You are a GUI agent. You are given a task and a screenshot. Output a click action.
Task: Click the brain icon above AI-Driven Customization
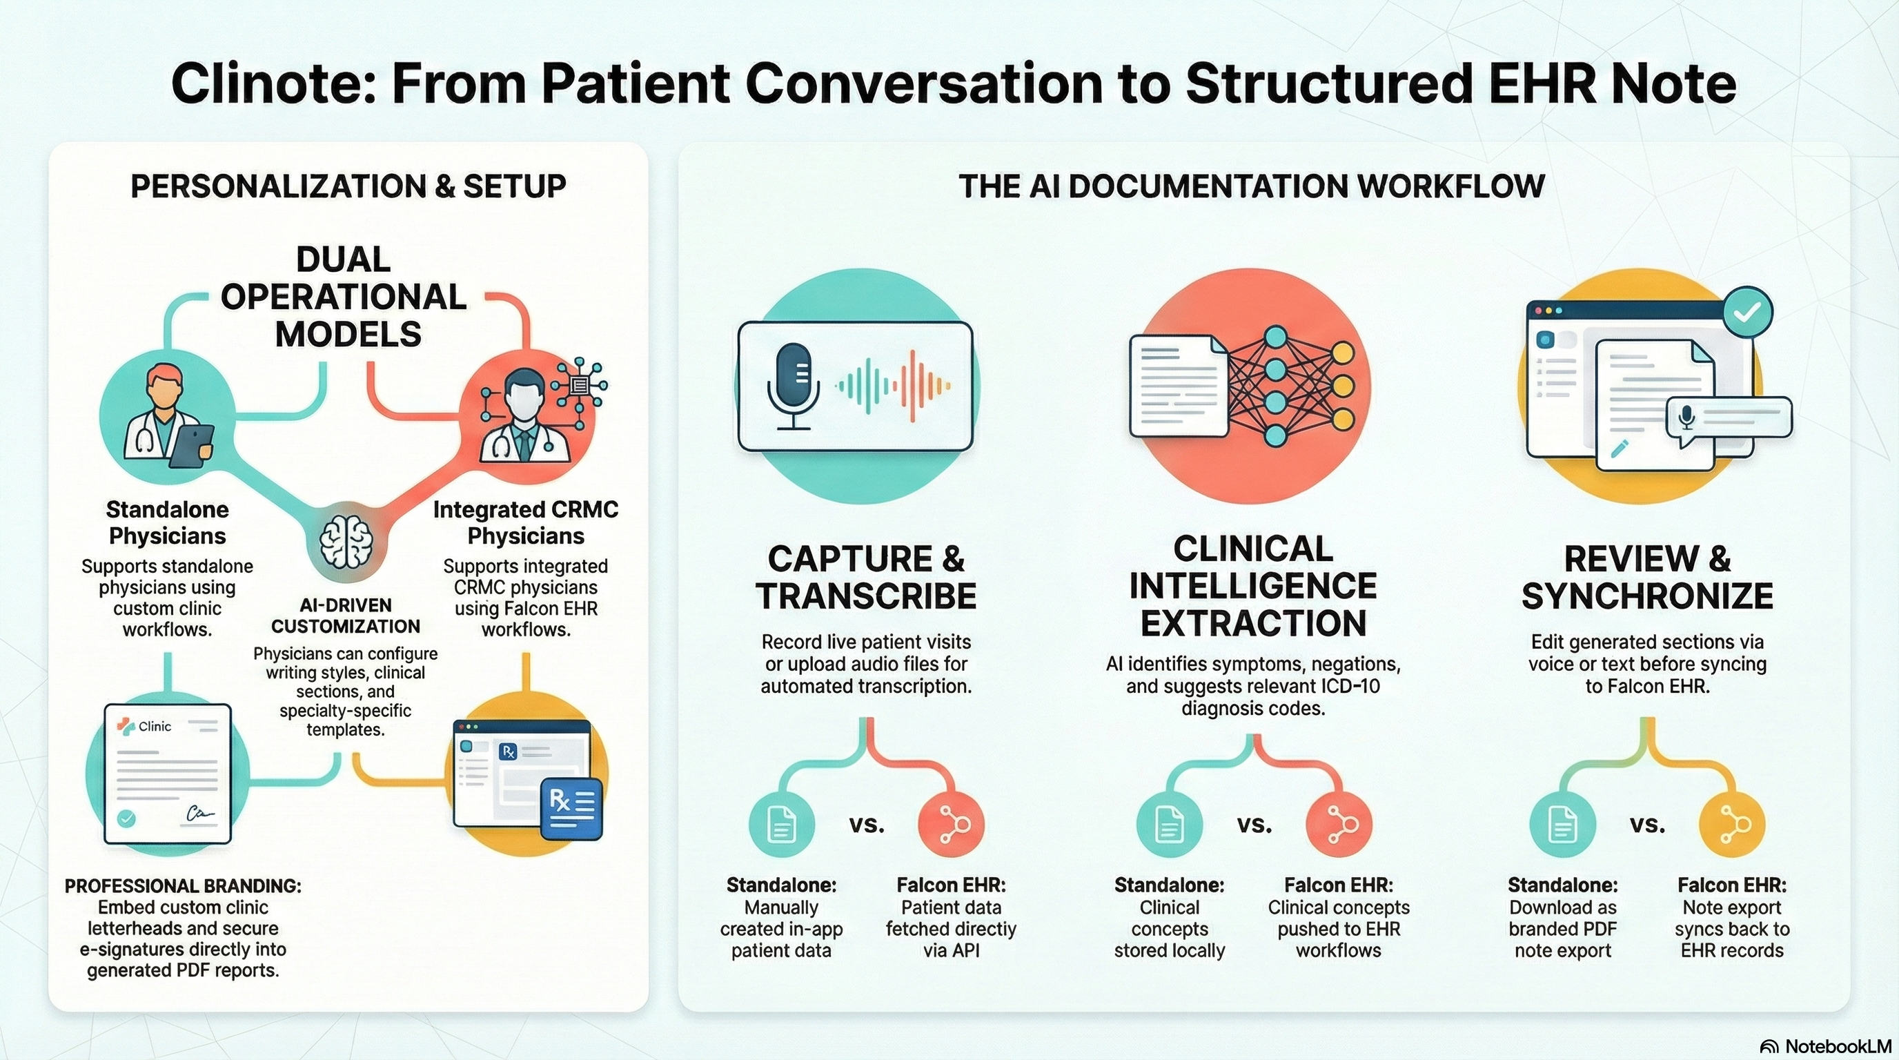coord(346,542)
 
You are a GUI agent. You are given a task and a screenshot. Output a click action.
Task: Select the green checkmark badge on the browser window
coord(1747,313)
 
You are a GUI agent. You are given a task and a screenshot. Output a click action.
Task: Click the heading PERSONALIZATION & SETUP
coord(348,186)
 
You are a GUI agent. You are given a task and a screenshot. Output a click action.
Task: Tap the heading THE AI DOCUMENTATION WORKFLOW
coord(1251,186)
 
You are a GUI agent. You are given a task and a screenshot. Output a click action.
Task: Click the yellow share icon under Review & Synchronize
coord(1731,824)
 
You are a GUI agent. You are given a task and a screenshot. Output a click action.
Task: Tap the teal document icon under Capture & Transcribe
coord(781,824)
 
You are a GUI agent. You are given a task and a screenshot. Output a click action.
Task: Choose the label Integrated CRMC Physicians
coord(526,522)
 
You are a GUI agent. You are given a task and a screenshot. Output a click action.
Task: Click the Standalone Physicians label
coord(168,522)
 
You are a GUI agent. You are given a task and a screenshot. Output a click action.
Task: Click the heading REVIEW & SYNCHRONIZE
coord(1647,577)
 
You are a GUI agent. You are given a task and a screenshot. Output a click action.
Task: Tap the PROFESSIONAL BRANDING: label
coord(183,885)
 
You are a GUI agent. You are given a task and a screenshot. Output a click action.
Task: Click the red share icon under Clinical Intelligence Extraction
coord(1338,824)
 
